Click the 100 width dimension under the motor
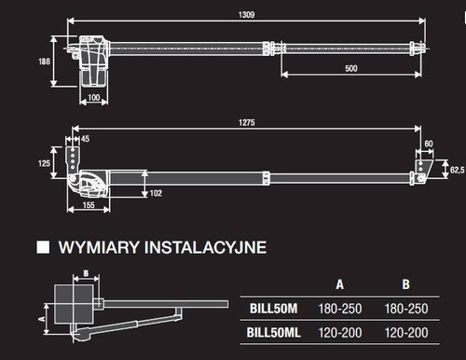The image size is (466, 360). [94, 97]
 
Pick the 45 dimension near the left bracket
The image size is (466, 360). [87, 139]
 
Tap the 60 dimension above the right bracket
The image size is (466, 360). [429, 144]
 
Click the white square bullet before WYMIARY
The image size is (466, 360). [42, 248]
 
